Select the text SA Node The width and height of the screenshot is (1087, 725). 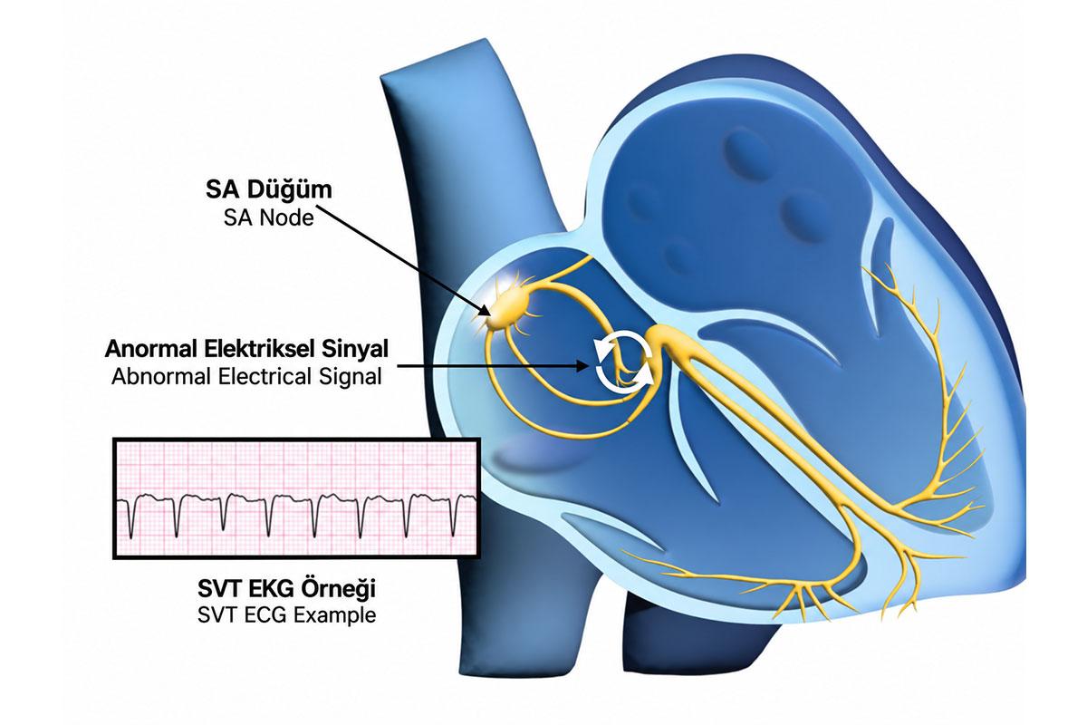268,218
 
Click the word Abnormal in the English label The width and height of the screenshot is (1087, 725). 161,377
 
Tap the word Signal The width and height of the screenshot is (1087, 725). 350,378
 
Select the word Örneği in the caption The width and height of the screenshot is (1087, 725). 338,589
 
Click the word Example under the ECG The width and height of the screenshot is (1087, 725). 334,615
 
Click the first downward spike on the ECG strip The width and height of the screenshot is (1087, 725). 131,517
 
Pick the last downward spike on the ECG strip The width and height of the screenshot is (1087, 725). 453,517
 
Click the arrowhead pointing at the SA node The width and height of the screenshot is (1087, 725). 484,310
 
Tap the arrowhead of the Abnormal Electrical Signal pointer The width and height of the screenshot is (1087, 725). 582,366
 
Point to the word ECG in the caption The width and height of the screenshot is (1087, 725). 266,615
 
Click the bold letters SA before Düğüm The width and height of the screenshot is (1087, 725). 222,190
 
